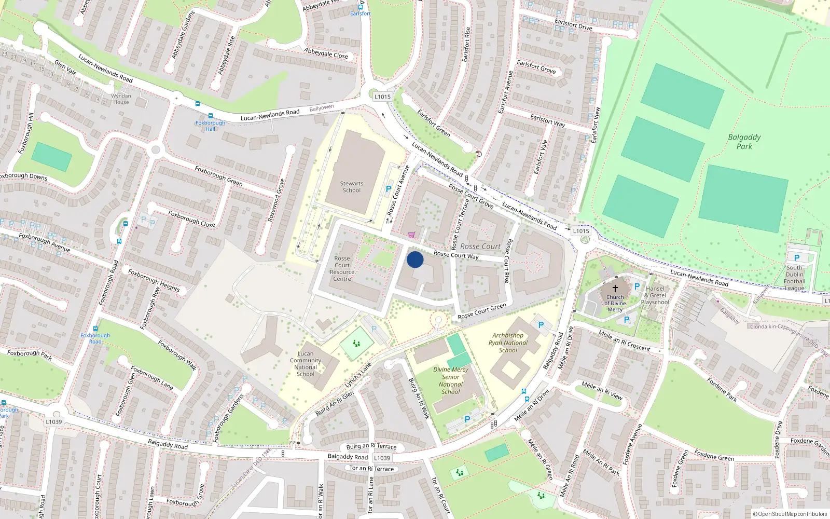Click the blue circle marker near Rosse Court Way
point(415,259)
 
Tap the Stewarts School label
point(352,187)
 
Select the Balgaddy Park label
point(744,141)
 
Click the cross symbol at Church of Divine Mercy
point(615,289)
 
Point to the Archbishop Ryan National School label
point(508,343)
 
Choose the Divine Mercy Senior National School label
point(451,380)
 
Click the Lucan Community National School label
point(306,363)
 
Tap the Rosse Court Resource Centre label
point(342,268)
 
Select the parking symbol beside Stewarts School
point(389,189)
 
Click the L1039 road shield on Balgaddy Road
point(382,458)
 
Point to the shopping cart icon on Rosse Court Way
point(411,235)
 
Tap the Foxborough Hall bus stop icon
point(211,116)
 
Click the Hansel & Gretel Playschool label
point(655,295)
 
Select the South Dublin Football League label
point(794,278)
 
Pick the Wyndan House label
point(121,99)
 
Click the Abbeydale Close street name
point(326,53)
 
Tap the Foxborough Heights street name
point(154,280)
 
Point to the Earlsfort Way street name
point(548,121)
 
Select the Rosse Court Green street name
point(482,311)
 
